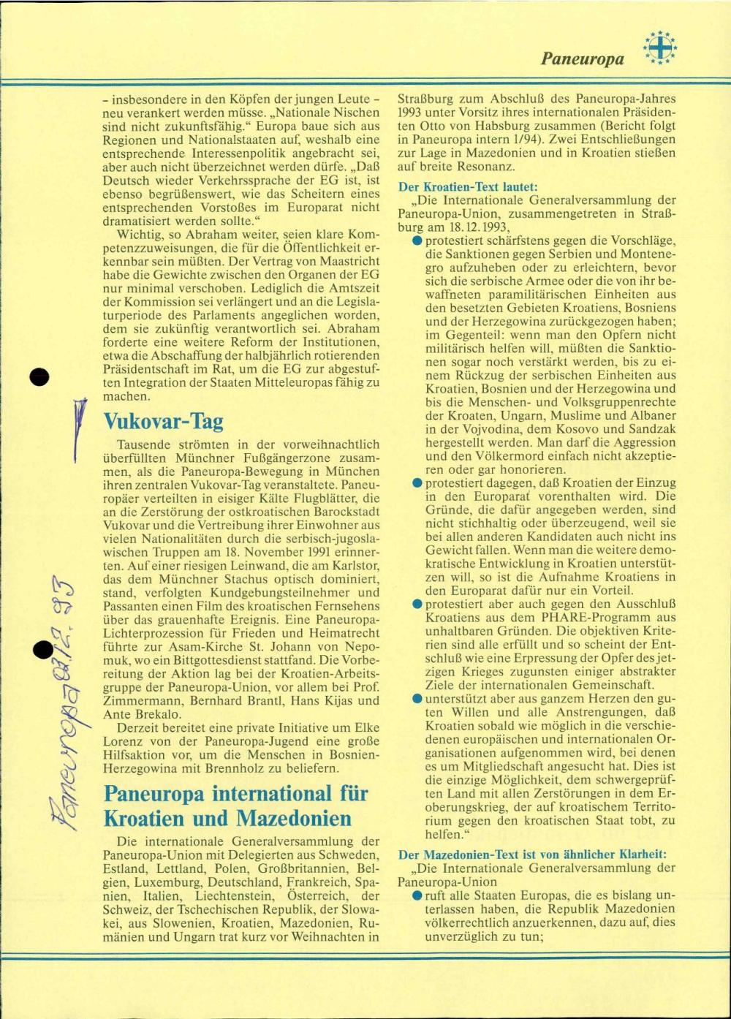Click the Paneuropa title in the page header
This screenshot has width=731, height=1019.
583,58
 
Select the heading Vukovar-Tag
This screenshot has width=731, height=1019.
163,422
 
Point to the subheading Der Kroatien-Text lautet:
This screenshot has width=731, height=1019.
468,186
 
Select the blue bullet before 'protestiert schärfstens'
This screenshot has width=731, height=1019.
417,240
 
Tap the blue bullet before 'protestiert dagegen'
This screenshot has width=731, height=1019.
417,484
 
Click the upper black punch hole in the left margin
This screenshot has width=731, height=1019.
39,377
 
